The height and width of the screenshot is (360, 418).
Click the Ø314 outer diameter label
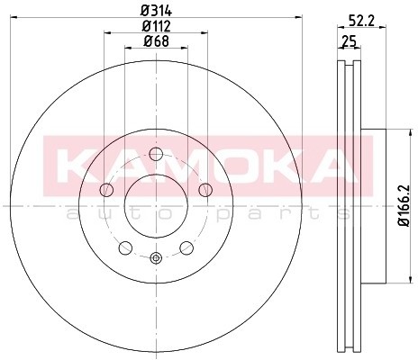(x=155, y=12)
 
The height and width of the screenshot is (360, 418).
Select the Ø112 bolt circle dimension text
(x=155, y=25)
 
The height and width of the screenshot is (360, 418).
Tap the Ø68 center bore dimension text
(x=155, y=42)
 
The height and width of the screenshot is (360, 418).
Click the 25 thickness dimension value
(x=347, y=41)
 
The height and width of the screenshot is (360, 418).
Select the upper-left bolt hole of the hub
(x=106, y=189)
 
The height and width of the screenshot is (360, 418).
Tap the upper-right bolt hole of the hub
(x=204, y=189)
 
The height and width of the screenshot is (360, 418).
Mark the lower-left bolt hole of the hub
(x=124, y=247)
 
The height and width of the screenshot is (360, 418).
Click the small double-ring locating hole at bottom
(x=155, y=259)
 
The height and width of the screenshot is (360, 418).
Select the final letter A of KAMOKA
(x=332, y=164)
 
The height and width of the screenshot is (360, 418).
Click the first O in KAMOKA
(x=221, y=164)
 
